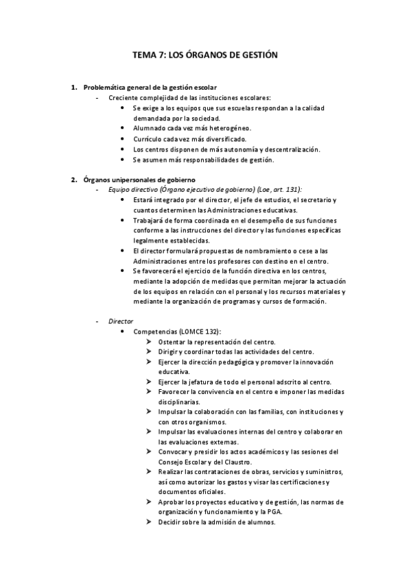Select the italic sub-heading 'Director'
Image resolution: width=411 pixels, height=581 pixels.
[x=121, y=321]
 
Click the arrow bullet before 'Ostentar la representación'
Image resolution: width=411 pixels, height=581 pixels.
[x=149, y=341]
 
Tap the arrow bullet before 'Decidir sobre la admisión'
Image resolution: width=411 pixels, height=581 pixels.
[x=149, y=522]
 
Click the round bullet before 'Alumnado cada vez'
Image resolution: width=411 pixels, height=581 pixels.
[x=123, y=128]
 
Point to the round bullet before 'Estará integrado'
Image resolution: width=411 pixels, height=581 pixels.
[x=123, y=199]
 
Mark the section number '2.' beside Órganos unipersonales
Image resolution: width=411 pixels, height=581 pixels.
[x=74, y=180]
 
